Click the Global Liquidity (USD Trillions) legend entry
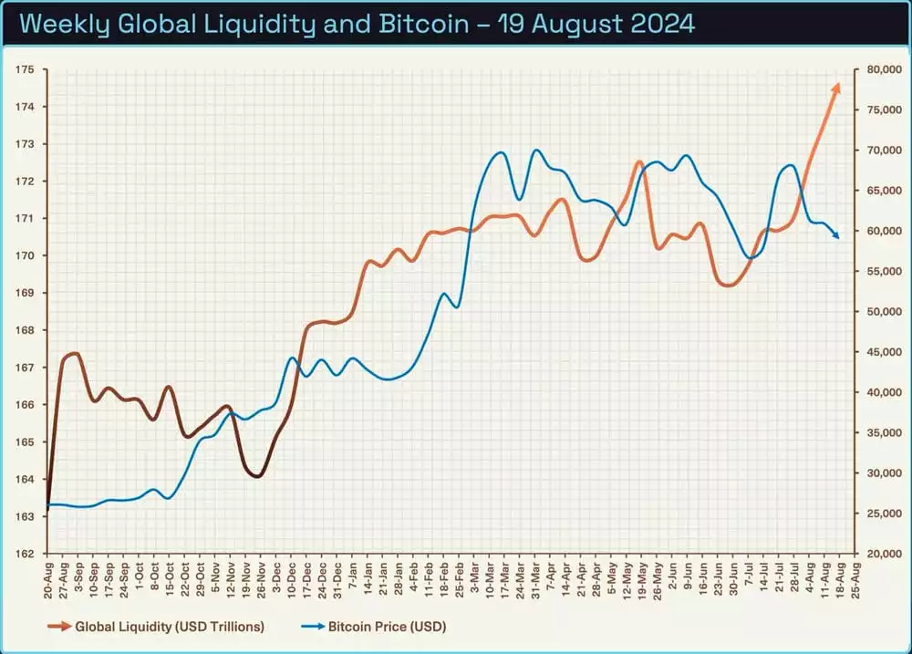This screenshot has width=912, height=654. [x=170, y=627]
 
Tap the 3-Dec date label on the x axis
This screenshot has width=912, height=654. [x=275, y=576]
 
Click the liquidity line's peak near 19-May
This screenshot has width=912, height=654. [x=640, y=162]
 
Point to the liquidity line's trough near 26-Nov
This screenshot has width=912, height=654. [x=257, y=475]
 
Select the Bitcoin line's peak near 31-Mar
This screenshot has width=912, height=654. [x=536, y=151]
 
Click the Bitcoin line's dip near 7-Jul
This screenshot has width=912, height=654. [x=750, y=258]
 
